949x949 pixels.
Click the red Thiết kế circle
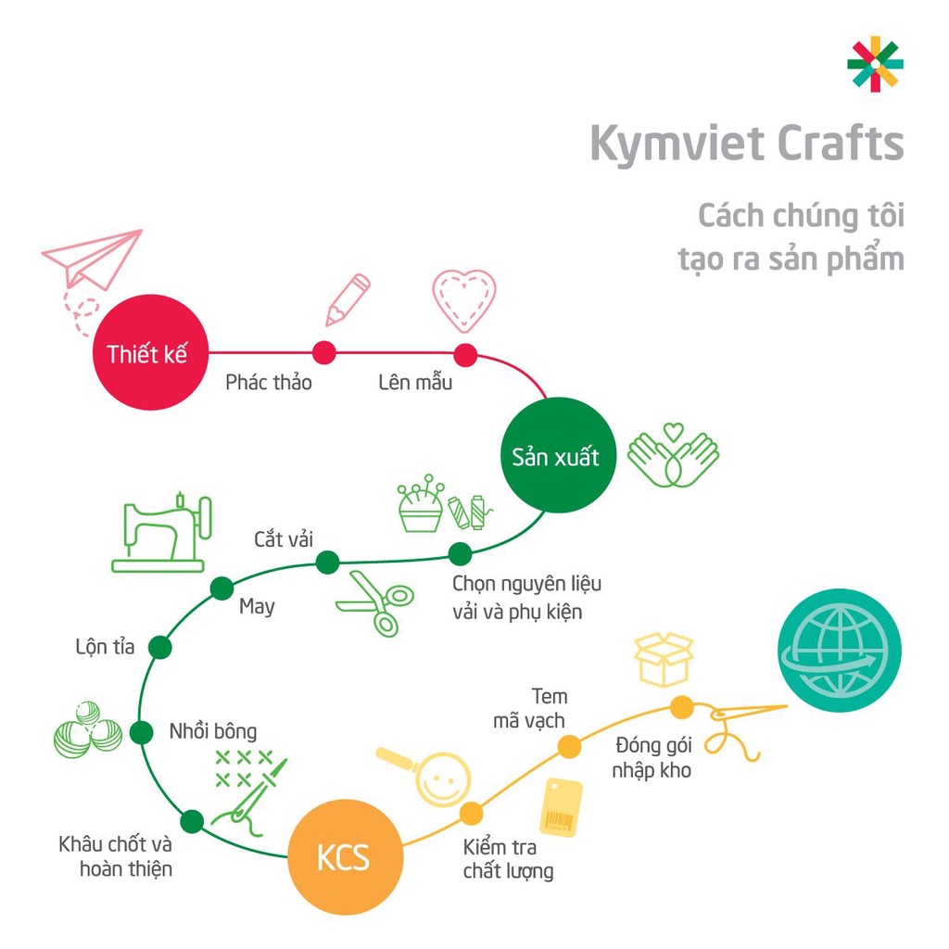(148, 353)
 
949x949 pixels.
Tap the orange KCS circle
(345, 857)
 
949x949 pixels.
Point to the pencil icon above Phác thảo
(347, 299)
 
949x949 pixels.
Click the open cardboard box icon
(664, 658)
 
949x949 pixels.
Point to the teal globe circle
(839, 652)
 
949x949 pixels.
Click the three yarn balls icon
(87, 728)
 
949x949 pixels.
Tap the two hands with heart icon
(674, 455)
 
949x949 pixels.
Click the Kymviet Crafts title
(746, 143)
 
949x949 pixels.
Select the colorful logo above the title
(875, 64)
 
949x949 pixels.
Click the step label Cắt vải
(284, 539)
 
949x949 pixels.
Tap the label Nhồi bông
(213, 730)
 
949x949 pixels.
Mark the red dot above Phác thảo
(323, 352)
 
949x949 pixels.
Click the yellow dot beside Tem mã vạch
(570, 745)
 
